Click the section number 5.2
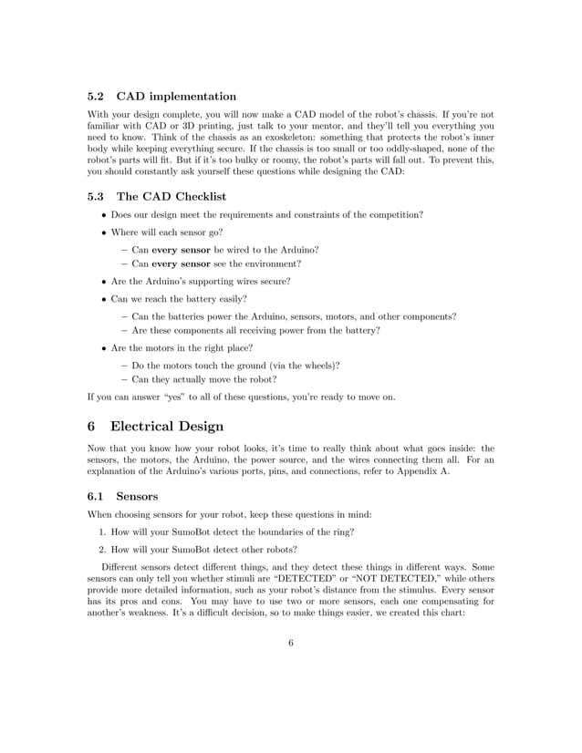pyautogui.click(x=97, y=96)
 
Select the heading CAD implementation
pyautogui.click(x=179, y=96)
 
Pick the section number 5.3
pyautogui.click(x=97, y=196)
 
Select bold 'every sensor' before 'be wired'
pyautogui.click(x=181, y=250)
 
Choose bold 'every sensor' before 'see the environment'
pyautogui.click(x=181, y=264)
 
